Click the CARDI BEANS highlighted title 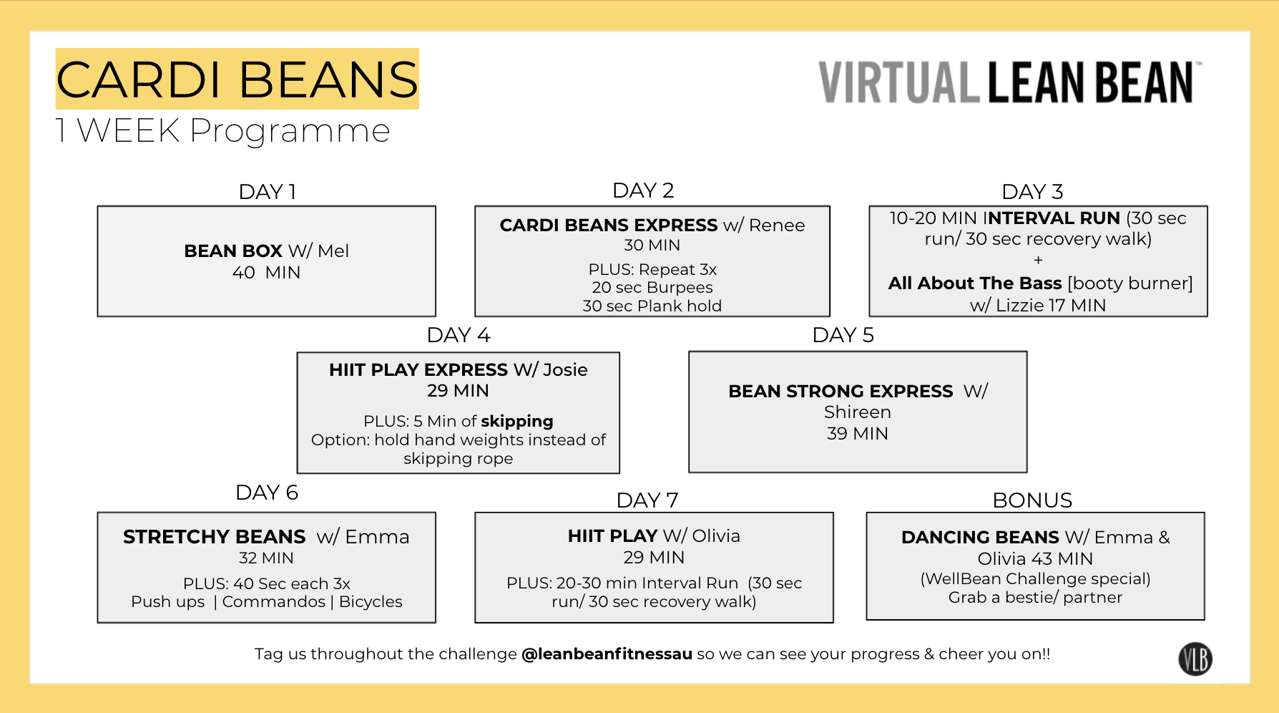[237, 79]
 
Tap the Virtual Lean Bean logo [1009, 82]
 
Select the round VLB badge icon [1195, 659]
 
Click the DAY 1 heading [267, 192]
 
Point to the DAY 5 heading [843, 335]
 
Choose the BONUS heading [1031, 500]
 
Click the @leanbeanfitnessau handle [607, 654]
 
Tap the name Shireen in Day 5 [857, 412]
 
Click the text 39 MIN [857, 434]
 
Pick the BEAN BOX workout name [233, 251]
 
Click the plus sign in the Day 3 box [1038, 261]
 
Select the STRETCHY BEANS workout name [214, 537]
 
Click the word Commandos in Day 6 [273, 602]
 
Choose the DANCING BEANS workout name [980, 538]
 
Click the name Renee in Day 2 [776, 225]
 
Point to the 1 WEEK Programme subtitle [222, 131]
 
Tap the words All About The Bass [974, 283]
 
